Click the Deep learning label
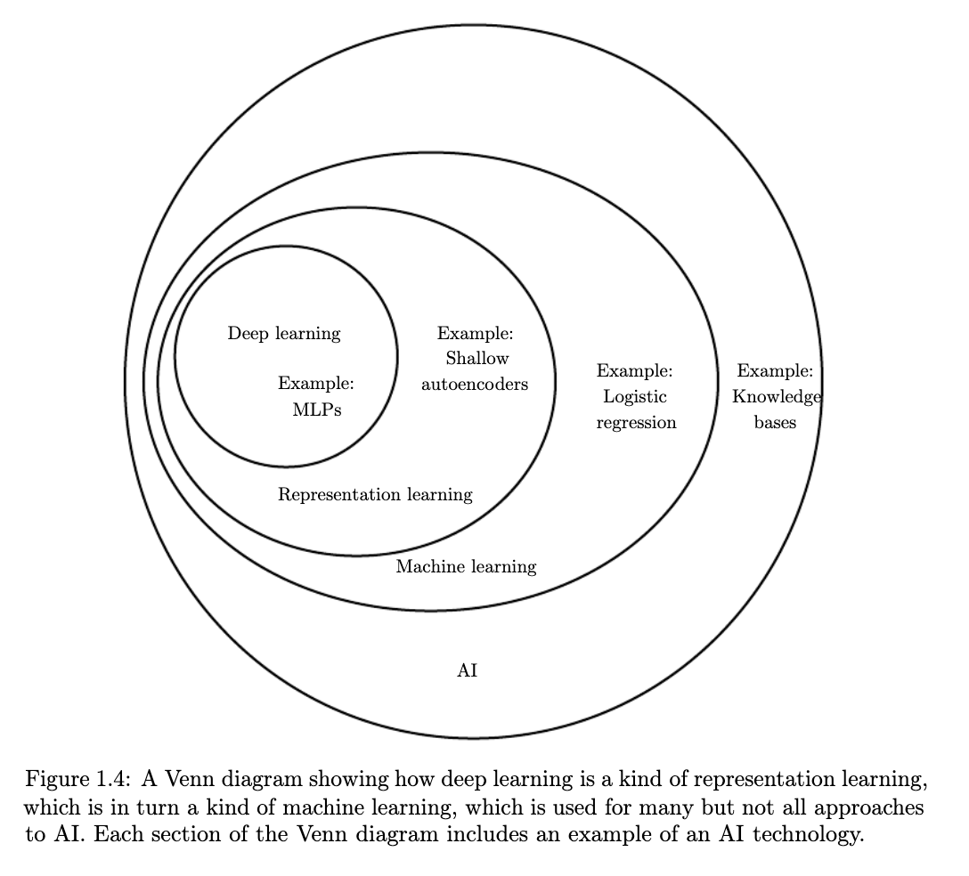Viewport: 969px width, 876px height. (284, 334)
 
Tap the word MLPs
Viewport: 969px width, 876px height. (317, 410)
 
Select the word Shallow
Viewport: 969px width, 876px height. (477, 358)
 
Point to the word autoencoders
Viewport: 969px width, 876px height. (475, 385)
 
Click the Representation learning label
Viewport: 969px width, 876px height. (375, 495)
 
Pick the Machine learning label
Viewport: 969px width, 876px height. (466, 567)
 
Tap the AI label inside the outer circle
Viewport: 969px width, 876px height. (468, 670)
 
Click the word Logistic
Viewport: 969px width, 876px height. (635, 397)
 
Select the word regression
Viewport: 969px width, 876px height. (636, 423)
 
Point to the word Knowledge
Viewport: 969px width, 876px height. (777, 397)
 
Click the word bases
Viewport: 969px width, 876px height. (775, 423)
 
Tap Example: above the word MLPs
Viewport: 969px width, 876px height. (316, 384)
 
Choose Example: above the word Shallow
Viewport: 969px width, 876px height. (476, 334)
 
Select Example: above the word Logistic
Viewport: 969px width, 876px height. (634, 371)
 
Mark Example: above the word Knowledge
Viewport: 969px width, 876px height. (775, 371)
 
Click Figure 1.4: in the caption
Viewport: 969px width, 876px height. (77, 780)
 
